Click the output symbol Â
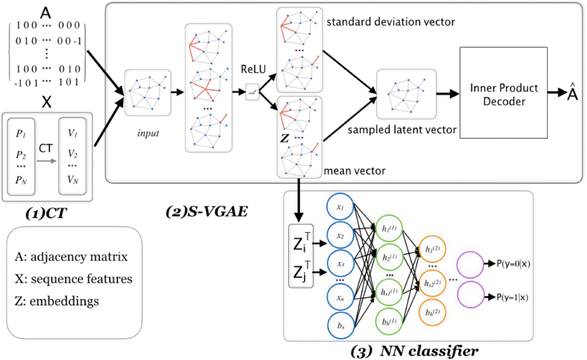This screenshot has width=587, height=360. point(572,93)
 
